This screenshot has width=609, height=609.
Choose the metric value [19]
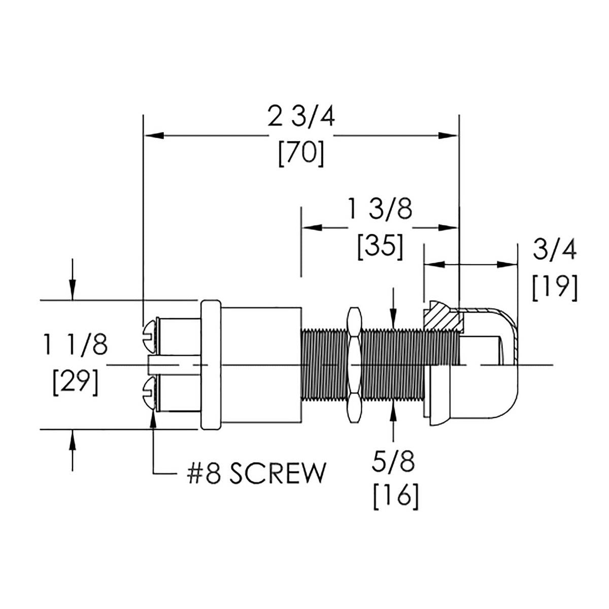tap(555, 288)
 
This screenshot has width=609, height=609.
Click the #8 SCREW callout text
tap(255, 474)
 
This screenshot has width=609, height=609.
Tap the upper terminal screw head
tap(150, 332)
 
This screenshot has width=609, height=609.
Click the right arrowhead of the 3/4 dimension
tap(510, 264)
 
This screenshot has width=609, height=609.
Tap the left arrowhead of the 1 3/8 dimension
tap(311, 227)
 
